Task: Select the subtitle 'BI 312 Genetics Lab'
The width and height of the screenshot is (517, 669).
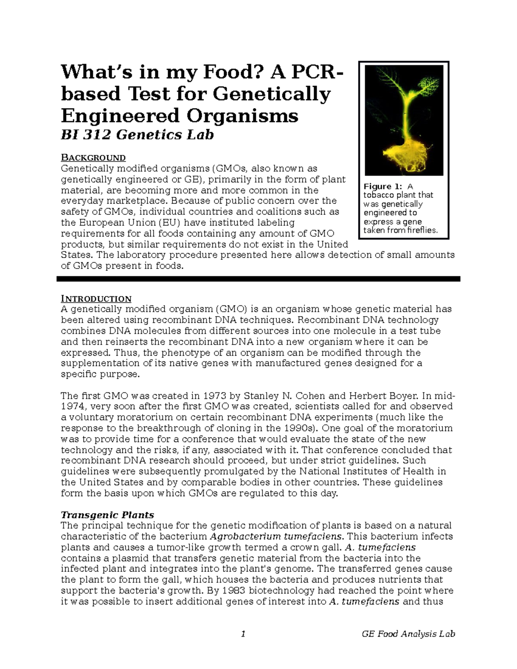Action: pyautogui.click(x=137, y=135)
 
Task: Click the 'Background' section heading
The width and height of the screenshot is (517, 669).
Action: pyautogui.click(x=93, y=158)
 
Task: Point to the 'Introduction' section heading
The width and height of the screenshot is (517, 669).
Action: pyautogui.click(x=96, y=299)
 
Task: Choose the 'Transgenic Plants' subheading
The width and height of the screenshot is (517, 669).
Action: pyautogui.click(x=107, y=515)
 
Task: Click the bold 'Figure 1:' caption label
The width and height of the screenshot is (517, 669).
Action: pyautogui.click(x=383, y=187)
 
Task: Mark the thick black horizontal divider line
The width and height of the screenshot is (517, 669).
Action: pyautogui.click(x=258, y=279)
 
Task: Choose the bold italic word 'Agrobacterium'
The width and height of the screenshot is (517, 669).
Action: pyautogui.click(x=244, y=537)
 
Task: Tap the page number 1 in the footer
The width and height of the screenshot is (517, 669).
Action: pyautogui.click(x=243, y=634)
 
